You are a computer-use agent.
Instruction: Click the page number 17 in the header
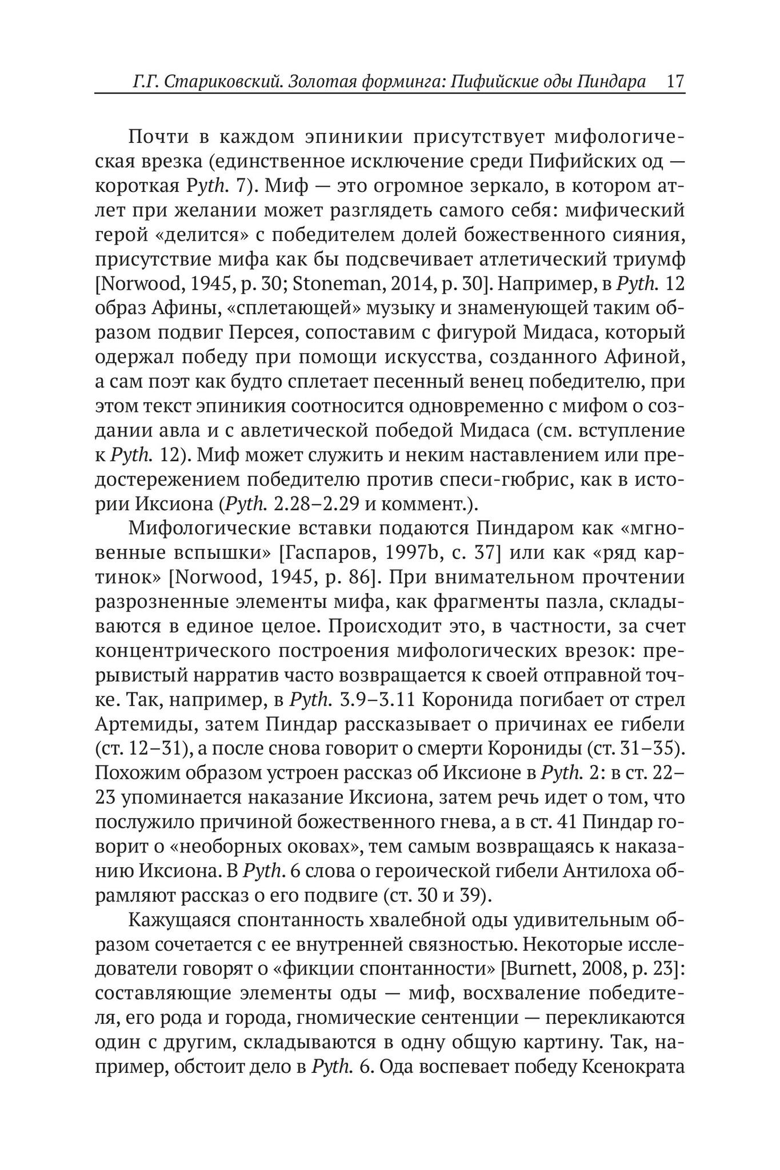coord(675,81)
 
